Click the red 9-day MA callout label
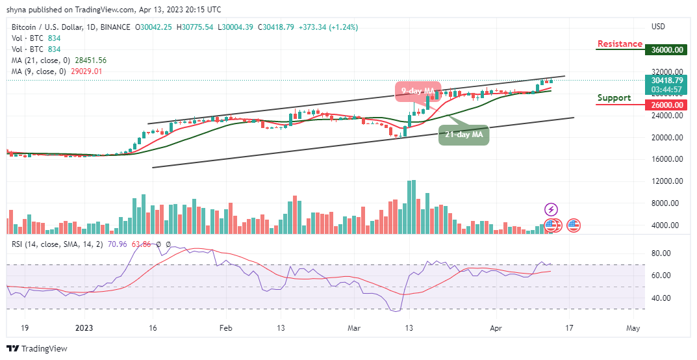pos(418,91)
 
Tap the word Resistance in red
pos(620,44)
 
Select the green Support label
pos(614,98)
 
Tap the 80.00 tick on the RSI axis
pos(662,253)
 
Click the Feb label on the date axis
pos(225,329)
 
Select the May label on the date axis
pos(634,329)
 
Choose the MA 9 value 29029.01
pos(84,71)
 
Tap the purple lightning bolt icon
pos(551,209)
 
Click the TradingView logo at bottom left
pos(37,349)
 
